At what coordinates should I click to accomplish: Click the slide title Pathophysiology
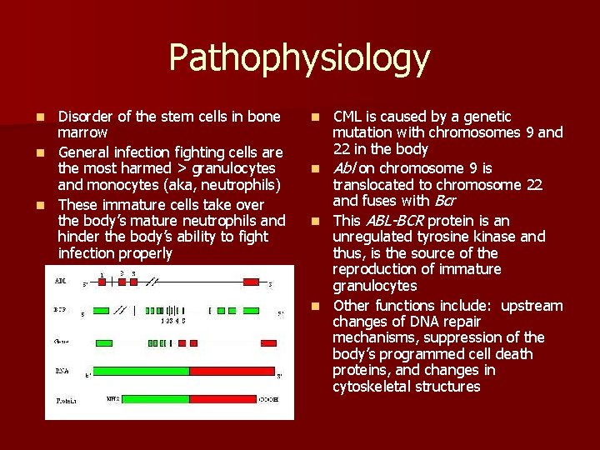coord(299,58)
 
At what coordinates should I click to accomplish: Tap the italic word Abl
coord(345,169)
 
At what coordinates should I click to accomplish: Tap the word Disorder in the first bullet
coord(85,117)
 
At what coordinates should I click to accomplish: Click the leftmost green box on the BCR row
coord(104,311)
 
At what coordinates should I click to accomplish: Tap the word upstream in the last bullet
coord(532,306)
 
